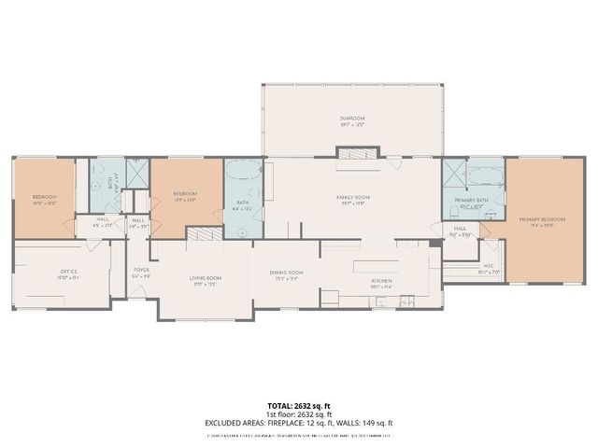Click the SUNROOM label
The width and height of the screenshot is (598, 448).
tap(352, 119)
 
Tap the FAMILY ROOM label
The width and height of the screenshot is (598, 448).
tap(354, 197)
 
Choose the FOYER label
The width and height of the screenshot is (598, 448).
tap(141, 270)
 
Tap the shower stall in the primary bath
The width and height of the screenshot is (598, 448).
tap(455, 174)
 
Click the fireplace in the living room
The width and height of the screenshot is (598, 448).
tap(201, 235)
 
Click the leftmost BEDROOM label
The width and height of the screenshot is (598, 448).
tap(45, 197)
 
